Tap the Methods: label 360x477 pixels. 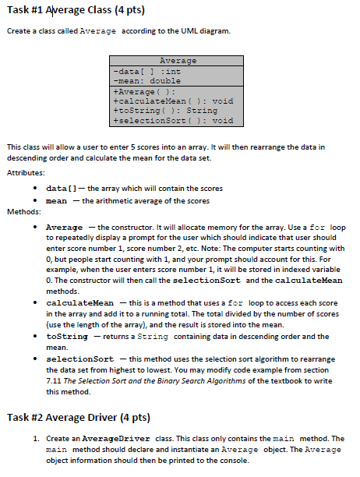tap(23, 211)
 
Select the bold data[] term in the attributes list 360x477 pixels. tap(61, 189)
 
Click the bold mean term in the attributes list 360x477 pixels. tap(57, 200)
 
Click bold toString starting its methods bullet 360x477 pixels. tap(67, 336)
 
